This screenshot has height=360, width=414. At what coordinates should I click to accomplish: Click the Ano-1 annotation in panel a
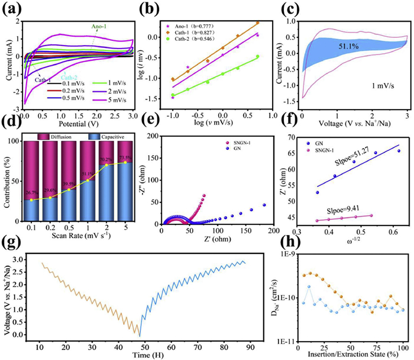coord(99,25)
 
